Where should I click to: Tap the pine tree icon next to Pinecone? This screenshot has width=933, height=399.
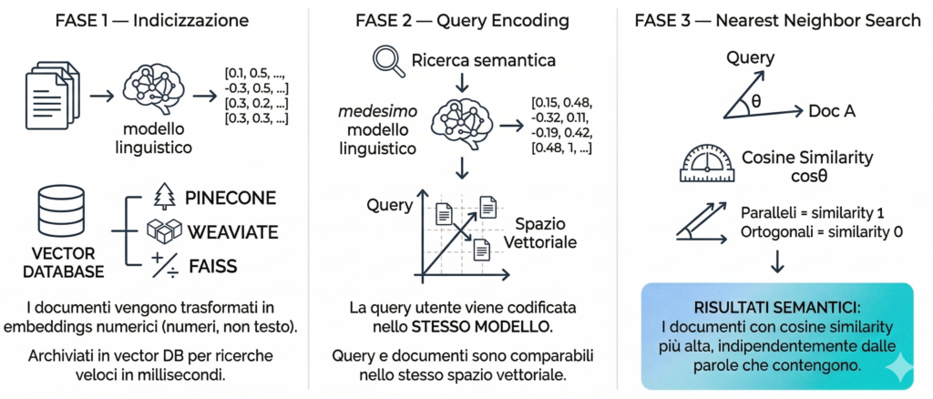click(x=164, y=198)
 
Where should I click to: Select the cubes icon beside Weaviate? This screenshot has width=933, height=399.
click(x=164, y=230)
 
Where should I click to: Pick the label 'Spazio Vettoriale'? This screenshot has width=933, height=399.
click(x=546, y=232)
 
